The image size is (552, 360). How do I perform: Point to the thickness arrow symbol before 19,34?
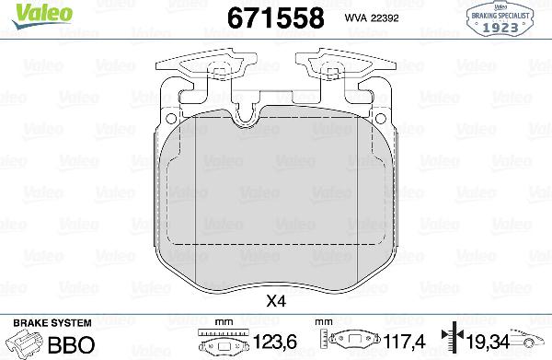pos(449,342)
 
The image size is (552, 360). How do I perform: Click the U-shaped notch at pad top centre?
pos(247,114)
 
